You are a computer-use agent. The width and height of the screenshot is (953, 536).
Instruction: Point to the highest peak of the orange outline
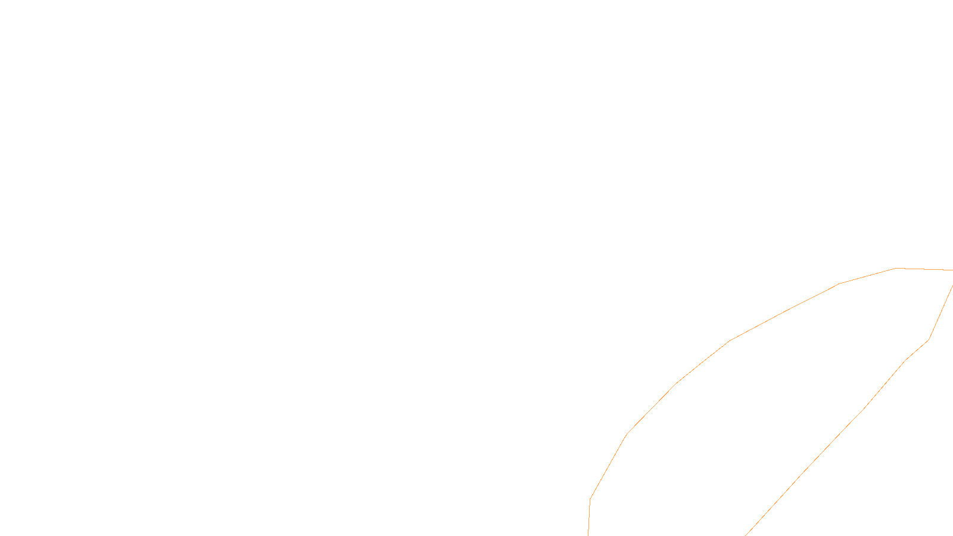point(896,268)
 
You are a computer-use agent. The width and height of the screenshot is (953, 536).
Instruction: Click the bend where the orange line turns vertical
point(590,498)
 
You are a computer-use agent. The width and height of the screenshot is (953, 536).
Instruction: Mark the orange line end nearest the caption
point(588,535)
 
